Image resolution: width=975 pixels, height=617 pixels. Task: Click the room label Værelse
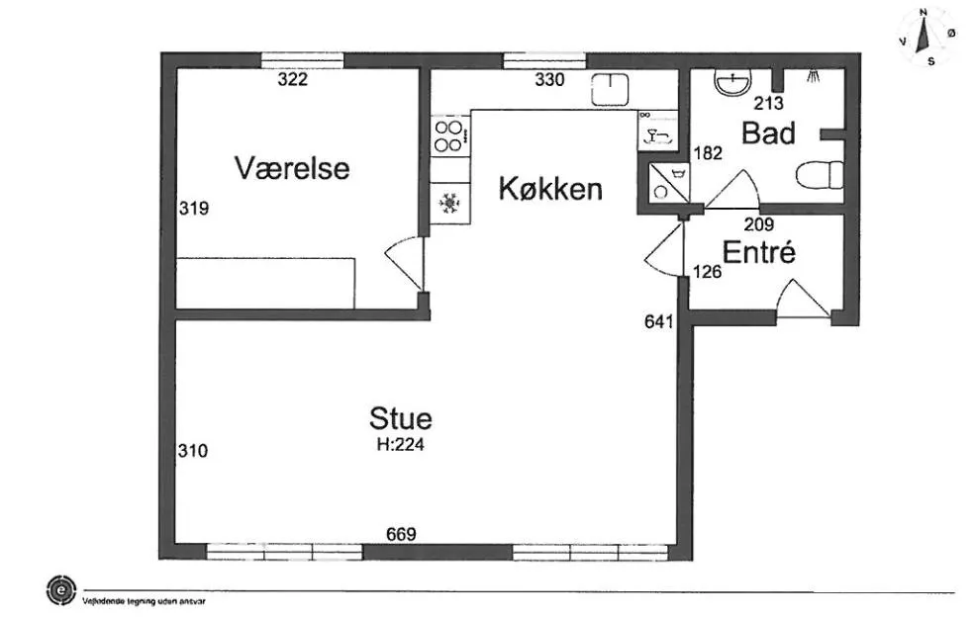tap(292, 168)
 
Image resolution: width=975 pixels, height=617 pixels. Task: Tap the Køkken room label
tap(550, 189)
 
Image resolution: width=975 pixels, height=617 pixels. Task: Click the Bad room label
tap(768, 133)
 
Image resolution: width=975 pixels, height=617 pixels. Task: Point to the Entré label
tap(759, 253)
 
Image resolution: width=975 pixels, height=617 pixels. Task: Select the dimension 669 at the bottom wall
tap(401, 535)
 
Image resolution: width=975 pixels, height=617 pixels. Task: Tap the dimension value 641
tap(658, 321)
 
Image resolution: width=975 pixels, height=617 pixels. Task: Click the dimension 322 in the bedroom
tap(292, 80)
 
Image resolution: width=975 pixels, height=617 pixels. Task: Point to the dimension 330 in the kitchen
tap(549, 80)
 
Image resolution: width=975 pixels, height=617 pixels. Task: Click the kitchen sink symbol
tap(611, 90)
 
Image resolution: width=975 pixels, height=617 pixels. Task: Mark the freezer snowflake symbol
tap(450, 204)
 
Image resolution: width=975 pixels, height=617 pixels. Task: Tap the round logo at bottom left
tap(61, 590)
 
